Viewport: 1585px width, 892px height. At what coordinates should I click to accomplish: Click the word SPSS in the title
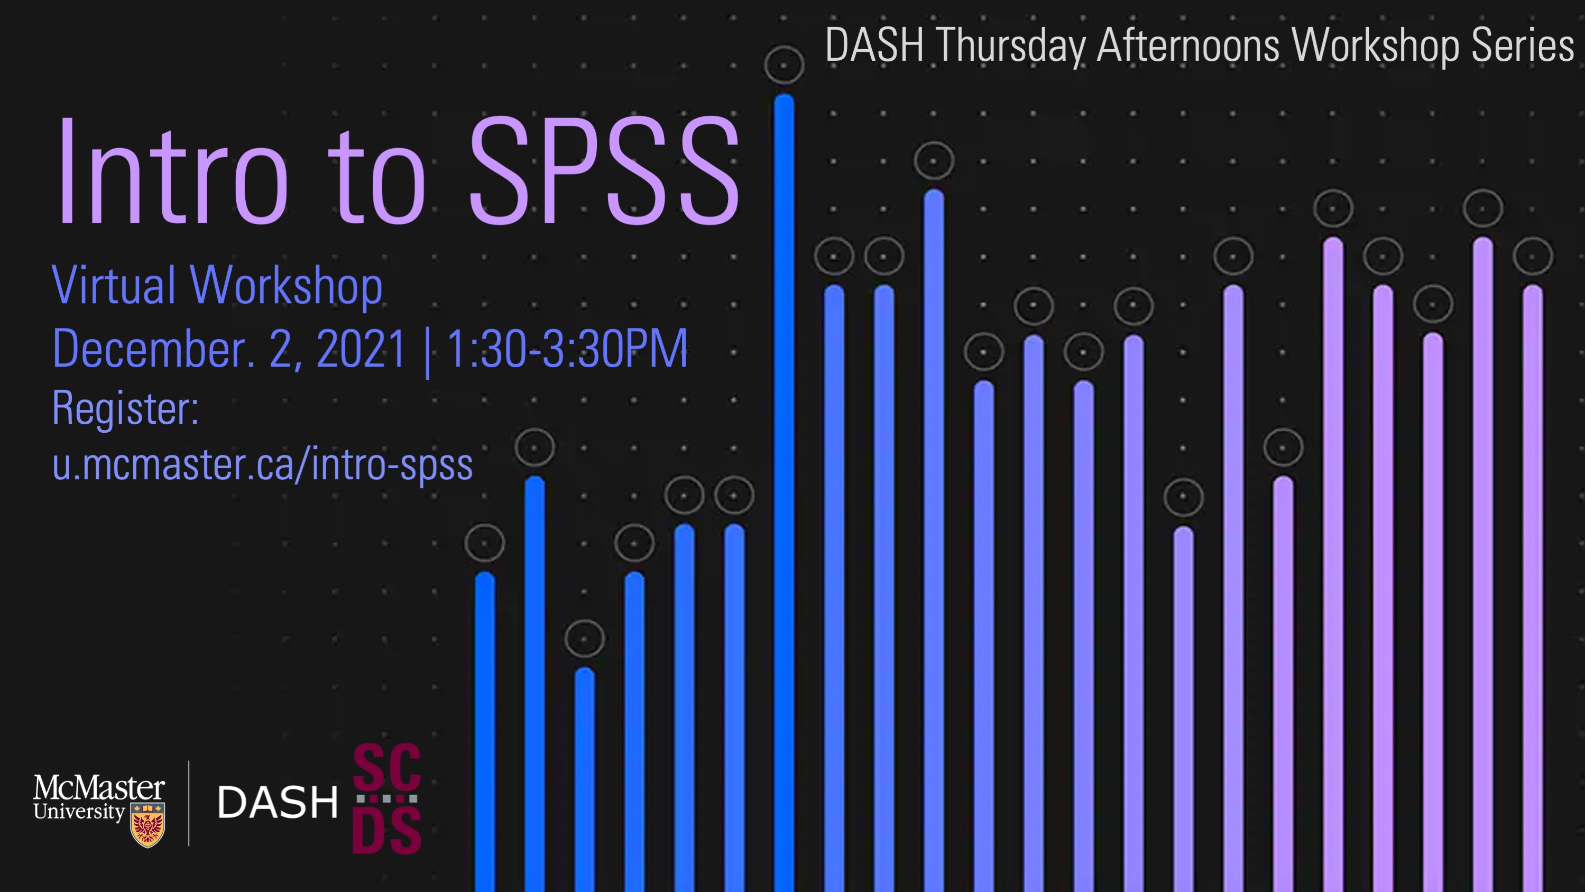point(604,170)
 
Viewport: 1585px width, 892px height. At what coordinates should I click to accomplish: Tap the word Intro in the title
point(173,170)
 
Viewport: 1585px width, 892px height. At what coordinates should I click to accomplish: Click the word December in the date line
point(153,349)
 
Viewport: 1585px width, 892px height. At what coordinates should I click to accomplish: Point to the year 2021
point(361,349)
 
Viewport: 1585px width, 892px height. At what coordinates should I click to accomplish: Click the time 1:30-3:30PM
point(567,349)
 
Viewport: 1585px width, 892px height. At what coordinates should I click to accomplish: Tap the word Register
point(125,407)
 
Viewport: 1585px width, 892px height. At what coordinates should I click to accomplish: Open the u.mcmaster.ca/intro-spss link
point(263,465)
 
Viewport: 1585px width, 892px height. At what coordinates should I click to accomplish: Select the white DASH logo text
point(278,803)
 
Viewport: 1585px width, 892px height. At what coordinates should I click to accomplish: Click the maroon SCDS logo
point(386,798)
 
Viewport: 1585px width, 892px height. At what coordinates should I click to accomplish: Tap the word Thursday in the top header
point(1011,45)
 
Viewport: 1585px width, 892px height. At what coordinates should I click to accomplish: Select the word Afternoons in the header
point(1188,44)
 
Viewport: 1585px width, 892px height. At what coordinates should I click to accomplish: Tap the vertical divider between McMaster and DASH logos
point(189,803)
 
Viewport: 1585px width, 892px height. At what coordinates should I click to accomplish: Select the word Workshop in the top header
point(1375,45)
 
